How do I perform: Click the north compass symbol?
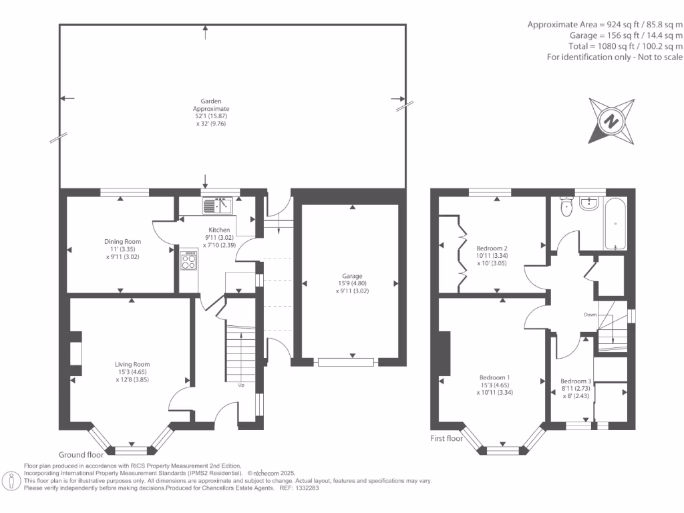coord(611,120)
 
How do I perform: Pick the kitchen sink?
coord(218,204)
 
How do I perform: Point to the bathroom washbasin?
coord(589,204)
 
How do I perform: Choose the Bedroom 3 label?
coord(576,381)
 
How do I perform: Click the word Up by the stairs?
coord(241,385)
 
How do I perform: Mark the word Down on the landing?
coord(590,314)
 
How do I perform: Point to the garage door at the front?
coord(346,362)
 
